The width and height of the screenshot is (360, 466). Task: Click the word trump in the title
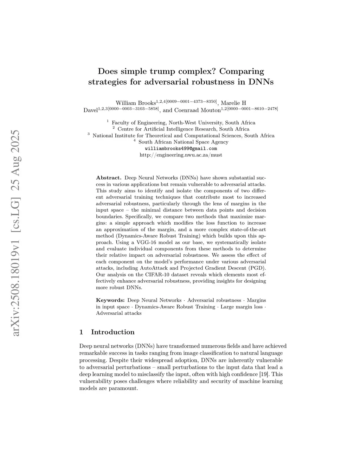pos(161,71)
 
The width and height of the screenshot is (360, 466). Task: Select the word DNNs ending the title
pos(261,82)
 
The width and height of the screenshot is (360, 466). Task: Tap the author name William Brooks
pos(136,103)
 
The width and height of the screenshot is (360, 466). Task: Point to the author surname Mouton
pos(210,110)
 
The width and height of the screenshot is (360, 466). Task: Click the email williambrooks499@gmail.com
pos(181,148)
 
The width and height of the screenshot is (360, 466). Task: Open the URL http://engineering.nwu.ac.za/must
pos(181,155)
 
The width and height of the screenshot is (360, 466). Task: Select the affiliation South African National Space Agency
pos(183,142)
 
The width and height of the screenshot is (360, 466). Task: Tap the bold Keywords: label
pos(110,300)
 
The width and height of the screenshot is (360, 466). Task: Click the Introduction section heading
pos(112,332)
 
